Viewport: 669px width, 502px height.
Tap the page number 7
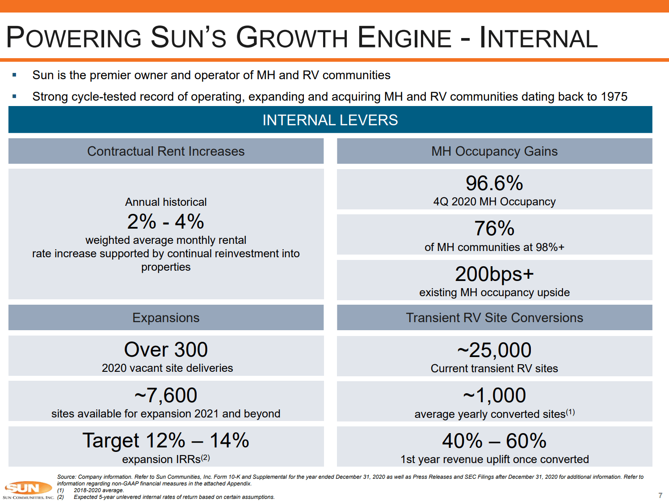tap(660, 495)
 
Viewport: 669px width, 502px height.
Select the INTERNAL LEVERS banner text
tap(330, 120)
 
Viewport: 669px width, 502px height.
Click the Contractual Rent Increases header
tap(166, 151)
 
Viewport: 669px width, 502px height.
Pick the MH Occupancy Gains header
tap(494, 151)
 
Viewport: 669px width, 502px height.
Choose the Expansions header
tap(166, 318)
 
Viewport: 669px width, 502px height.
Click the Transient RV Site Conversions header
tap(494, 318)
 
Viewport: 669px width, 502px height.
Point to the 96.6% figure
tap(494, 183)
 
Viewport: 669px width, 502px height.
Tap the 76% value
tap(494, 228)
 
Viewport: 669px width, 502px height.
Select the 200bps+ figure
tap(494, 274)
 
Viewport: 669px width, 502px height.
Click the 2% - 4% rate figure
tap(166, 221)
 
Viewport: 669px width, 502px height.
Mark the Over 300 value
tap(166, 349)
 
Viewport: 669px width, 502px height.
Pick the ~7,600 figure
tap(166, 395)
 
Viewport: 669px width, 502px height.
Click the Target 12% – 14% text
tap(166, 440)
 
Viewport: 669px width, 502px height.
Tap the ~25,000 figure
tap(494, 350)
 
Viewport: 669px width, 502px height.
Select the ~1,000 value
tap(494, 395)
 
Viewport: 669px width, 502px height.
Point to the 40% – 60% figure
tap(494, 441)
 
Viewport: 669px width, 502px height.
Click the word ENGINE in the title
tap(405, 38)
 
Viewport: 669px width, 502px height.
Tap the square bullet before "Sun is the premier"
tap(14, 75)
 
